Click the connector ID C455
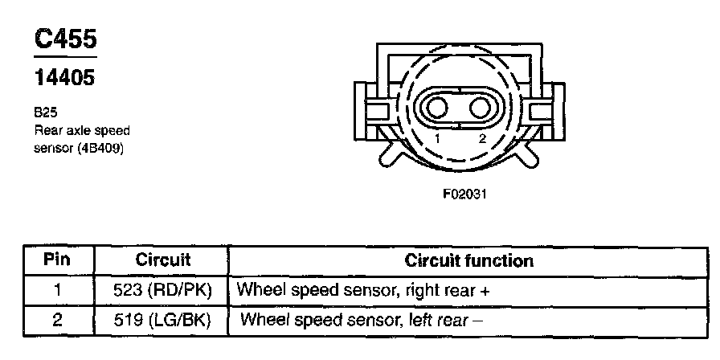(x=66, y=39)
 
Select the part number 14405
(x=65, y=77)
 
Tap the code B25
(x=46, y=112)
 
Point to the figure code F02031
(x=464, y=194)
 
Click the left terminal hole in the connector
(x=436, y=108)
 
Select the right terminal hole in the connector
(x=481, y=108)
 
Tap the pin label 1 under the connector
(x=438, y=138)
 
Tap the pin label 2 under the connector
(x=481, y=138)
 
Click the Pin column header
(x=57, y=260)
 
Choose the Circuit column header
(x=163, y=260)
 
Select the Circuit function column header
(x=468, y=260)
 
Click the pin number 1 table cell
(x=57, y=290)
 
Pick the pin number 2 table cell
(x=57, y=320)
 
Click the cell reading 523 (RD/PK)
(x=162, y=291)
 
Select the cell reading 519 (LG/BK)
(x=162, y=321)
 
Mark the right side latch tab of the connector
(x=547, y=112)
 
